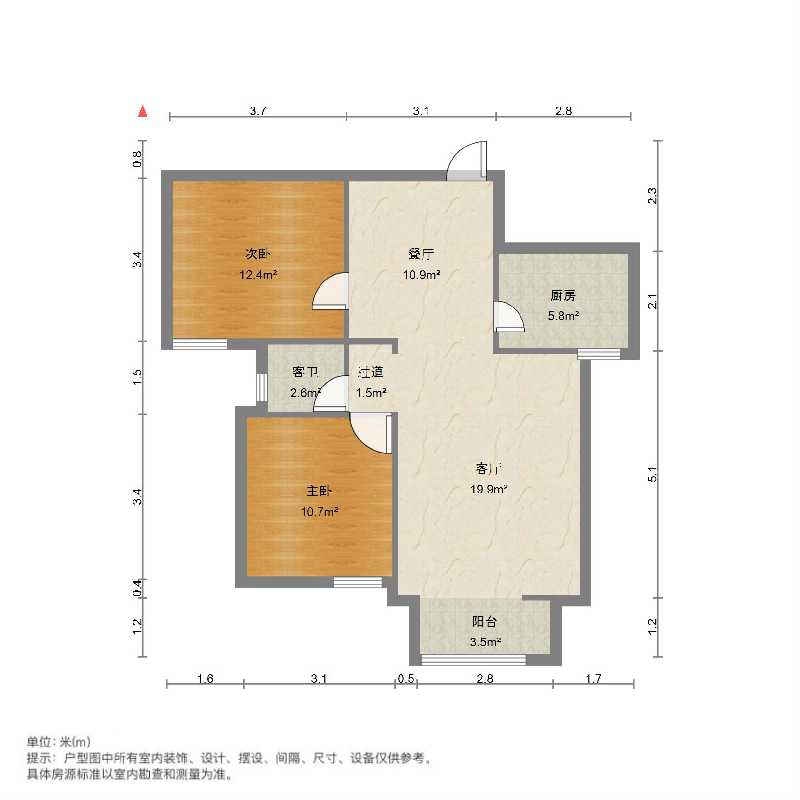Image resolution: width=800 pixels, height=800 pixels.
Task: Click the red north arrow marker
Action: (x=143, y=111)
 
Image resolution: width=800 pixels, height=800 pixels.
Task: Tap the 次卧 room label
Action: (x=258, y=253)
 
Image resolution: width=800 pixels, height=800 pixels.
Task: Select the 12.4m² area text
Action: (x=258, y=275)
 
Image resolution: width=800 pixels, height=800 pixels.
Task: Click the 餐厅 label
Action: (x=421, y=253)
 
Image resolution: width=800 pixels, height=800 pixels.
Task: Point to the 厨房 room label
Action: (x=563, y=295)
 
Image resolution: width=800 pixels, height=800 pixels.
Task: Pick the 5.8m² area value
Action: (x=563, y=316)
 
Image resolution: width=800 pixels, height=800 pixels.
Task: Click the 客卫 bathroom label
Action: (x=305, y=372)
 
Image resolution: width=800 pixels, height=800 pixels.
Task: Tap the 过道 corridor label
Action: (x=370, y=372)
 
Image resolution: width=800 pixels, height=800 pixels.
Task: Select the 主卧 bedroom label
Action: (x=319, y=491)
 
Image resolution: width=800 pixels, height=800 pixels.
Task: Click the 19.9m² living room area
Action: (x=489, y=490)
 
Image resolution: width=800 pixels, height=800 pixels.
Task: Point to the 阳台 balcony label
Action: (x=484, y=621)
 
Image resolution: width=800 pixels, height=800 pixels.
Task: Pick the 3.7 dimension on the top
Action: (x=258, y=111)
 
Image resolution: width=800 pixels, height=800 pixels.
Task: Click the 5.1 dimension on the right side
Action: (x=653, y=474)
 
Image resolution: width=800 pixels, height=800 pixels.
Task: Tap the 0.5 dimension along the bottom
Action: (x=406, y=679)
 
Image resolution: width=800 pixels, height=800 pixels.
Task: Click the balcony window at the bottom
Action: (x=473, y=660)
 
